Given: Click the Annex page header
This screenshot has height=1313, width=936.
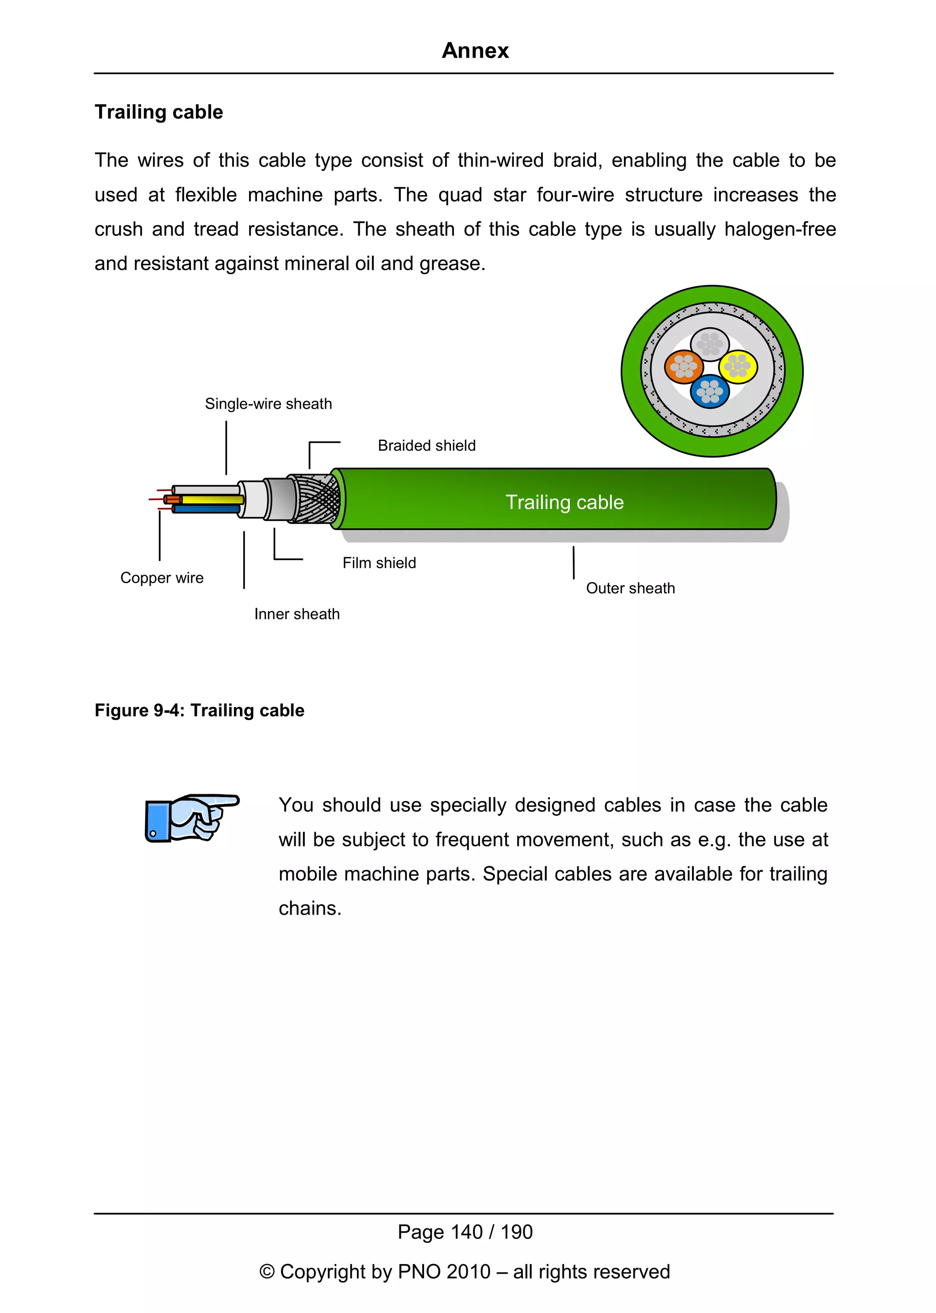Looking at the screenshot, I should click(475, 51).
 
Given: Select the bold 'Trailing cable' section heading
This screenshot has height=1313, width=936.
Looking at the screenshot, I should click(159, 112).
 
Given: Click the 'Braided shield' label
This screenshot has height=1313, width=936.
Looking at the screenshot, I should click(426, 446).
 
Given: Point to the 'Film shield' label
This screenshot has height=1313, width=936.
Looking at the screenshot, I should click(379, 563).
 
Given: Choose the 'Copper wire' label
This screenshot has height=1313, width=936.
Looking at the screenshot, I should click(161, 578).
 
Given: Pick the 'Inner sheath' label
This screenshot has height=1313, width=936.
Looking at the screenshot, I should click(297, 614).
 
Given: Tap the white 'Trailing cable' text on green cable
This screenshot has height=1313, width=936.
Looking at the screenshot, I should click(564, 502).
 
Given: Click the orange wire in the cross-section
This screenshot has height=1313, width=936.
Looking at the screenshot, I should click(684, 367).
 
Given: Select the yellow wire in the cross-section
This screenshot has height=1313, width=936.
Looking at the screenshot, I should click(738, 366).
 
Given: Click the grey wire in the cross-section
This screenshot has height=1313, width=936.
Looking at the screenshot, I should click(710, 344).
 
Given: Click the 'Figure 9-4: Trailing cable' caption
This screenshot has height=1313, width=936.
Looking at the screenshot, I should click(199, 710).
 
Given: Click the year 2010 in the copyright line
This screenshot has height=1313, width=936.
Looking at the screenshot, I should click(468, 1271).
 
